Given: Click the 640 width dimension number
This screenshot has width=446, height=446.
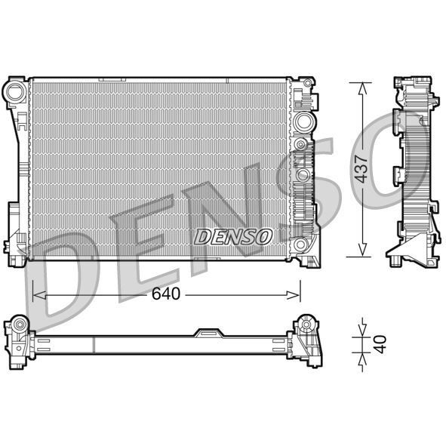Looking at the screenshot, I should pyautogui.click(x=165, y=294).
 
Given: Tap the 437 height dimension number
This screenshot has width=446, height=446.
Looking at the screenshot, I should pyautogui.click(x=362, y=170).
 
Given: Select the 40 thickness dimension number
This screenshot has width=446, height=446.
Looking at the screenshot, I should pyautogui.click(x=380, y=343).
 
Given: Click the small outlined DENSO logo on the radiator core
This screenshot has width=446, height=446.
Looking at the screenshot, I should pyautogui.click(x=233, y=236).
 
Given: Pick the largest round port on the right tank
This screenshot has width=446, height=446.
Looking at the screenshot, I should pyautogui.click(x=304, y=122).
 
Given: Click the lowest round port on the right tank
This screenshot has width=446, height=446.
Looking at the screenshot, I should pyautogui.click(x=303, y=244).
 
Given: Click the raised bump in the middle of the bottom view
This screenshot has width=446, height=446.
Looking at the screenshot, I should pyautogui.click(x=208, y=333).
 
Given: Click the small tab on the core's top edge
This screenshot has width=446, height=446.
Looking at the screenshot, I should pyautogui.click(x=113, y=78).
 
